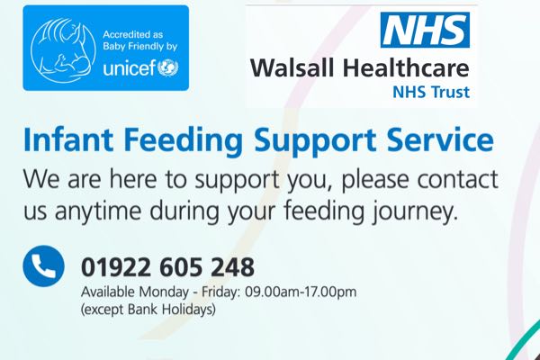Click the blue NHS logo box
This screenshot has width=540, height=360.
coord(425,30)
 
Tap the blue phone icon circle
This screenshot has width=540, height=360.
coord(44,266)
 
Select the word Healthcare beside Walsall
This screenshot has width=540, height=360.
coord(406,67)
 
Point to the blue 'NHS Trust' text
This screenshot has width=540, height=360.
coord(431,92)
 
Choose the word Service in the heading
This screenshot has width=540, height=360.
coord(440,139)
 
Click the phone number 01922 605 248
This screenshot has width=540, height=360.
coord(167,267)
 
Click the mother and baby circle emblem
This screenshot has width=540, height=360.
coord(63,50)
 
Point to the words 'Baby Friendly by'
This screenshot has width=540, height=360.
coord(140,47)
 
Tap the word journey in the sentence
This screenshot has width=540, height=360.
coord(415,211)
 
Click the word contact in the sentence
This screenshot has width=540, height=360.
coord(458,179)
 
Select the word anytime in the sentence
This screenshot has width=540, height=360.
coord(98,211)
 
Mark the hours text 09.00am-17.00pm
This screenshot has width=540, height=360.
coord(301,292)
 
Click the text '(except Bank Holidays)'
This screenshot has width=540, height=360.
coord(148,309)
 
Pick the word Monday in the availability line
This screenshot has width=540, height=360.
coord(164,292)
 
